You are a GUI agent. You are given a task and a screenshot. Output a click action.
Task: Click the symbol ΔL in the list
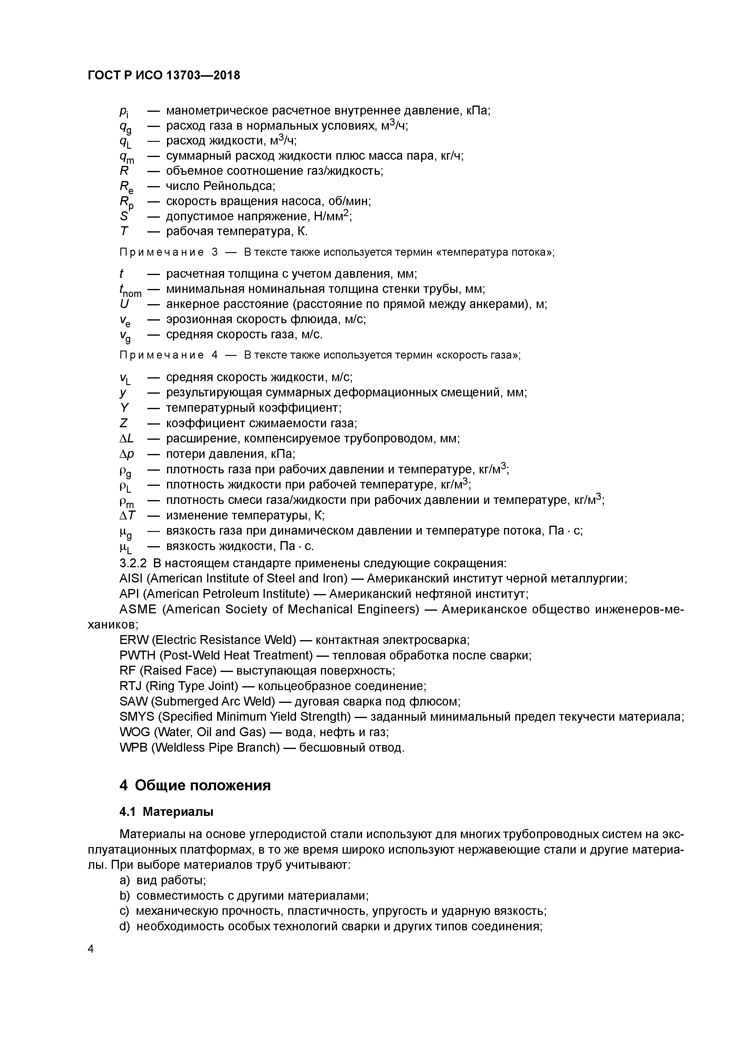(126, 439)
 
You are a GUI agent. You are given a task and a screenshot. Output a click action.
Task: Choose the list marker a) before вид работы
(125, 880)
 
